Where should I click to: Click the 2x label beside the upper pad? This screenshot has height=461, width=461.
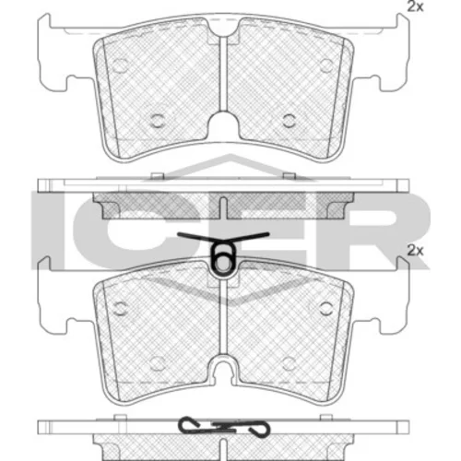[415, 6]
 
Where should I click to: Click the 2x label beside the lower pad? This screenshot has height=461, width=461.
[415, 251]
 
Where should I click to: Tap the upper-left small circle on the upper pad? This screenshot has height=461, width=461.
[120, 65]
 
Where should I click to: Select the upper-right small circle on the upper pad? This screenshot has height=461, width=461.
[326, 65]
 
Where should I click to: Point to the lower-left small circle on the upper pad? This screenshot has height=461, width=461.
[158, 121]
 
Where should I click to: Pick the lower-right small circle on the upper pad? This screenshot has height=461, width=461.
[290, 121]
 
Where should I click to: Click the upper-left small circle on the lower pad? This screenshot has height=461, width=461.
[120, 308]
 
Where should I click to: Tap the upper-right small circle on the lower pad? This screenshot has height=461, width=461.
[326, 308]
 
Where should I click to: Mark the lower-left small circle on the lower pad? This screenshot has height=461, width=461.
[158, 364]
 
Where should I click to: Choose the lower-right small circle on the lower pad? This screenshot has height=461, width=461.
[290, 364]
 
